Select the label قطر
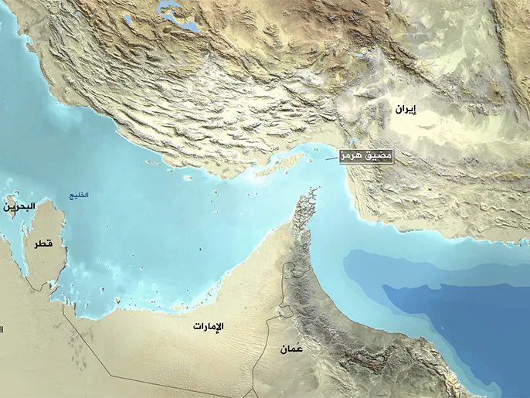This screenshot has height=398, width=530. [43, 243]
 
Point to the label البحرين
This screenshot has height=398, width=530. [18, 207]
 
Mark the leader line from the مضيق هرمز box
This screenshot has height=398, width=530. [333, 158]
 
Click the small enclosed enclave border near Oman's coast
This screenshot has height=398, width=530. [287, 311]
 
